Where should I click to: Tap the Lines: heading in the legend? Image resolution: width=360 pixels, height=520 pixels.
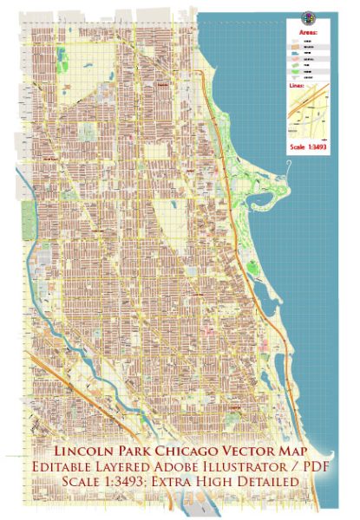(296, 85)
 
